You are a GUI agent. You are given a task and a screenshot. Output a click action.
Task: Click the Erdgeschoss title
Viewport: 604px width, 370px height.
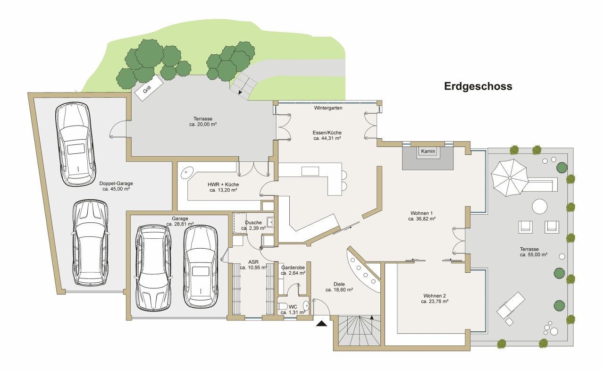pyautogui.click(x=478, y=87)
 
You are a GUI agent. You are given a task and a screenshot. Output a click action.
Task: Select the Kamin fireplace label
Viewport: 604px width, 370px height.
pyautogui.click(x=428, y=151)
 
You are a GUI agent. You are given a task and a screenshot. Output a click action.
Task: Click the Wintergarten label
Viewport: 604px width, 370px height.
pyautogui.click(x=328, y=108)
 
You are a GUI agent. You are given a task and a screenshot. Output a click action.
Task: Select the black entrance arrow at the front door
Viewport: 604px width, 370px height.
pyautogui.click(x=322, y=324)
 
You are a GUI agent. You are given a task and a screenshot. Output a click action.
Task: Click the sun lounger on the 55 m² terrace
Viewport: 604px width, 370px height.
pyautogui.click(x=511, y=305)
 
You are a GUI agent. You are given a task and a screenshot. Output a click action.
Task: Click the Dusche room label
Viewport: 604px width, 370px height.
pyautogui.click(x=253, y=222)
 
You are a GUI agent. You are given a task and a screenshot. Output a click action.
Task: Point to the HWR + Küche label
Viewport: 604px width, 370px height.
pyautogui.click(x=223, y=184)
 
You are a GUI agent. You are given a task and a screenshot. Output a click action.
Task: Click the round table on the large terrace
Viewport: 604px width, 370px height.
pyautogui.click(x=540, y=206)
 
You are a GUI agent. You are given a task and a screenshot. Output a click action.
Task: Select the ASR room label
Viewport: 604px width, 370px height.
pyautogui.click(x=253, y=261)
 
